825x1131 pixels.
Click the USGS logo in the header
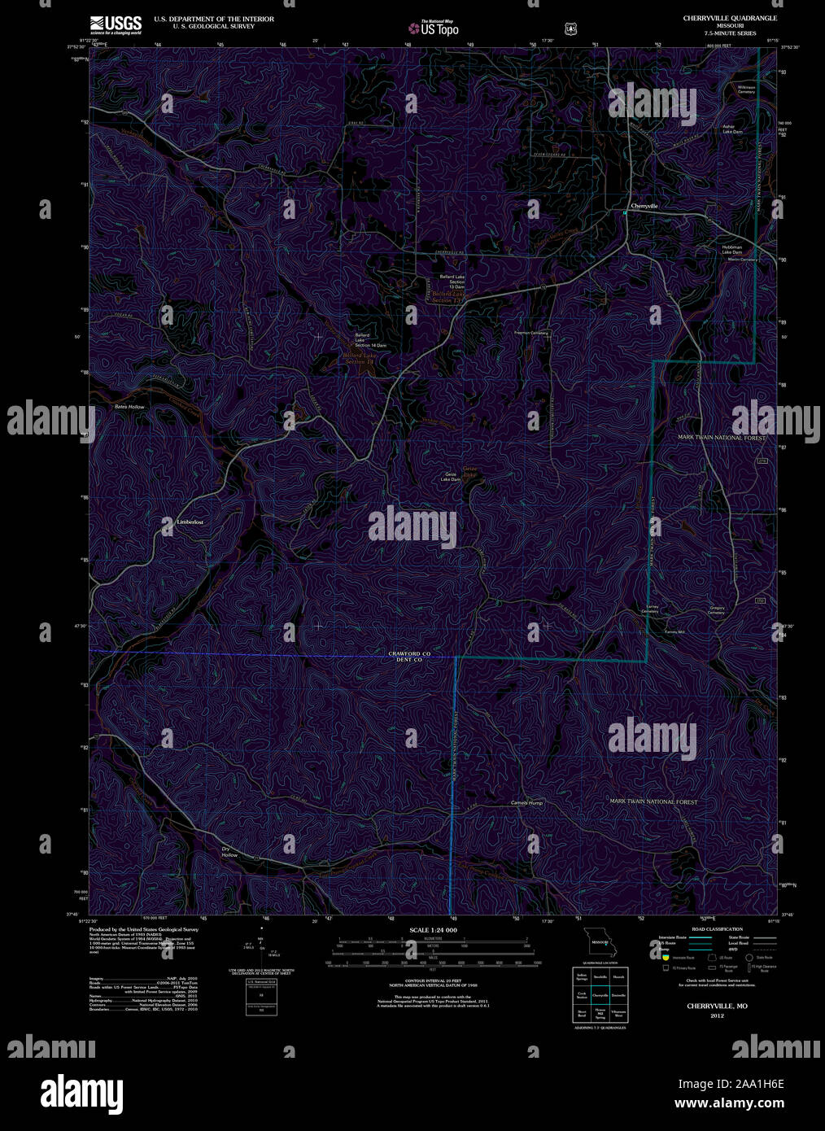[x=115, y=24]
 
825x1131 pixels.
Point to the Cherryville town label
[x=644, y=207]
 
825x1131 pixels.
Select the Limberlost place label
[x=190, y=522]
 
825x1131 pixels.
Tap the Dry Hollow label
[x=229, y=852]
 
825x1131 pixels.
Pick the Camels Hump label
[x=526, y=803]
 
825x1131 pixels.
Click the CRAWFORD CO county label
[x=408, y=654]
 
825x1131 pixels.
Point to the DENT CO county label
[x=408, y=660]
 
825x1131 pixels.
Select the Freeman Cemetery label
[x=531, y=333]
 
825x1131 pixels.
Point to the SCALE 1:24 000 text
[x=434, y=930]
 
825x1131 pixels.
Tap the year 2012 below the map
[x=716, y=1015]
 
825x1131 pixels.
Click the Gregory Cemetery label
[x=717, y=609]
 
